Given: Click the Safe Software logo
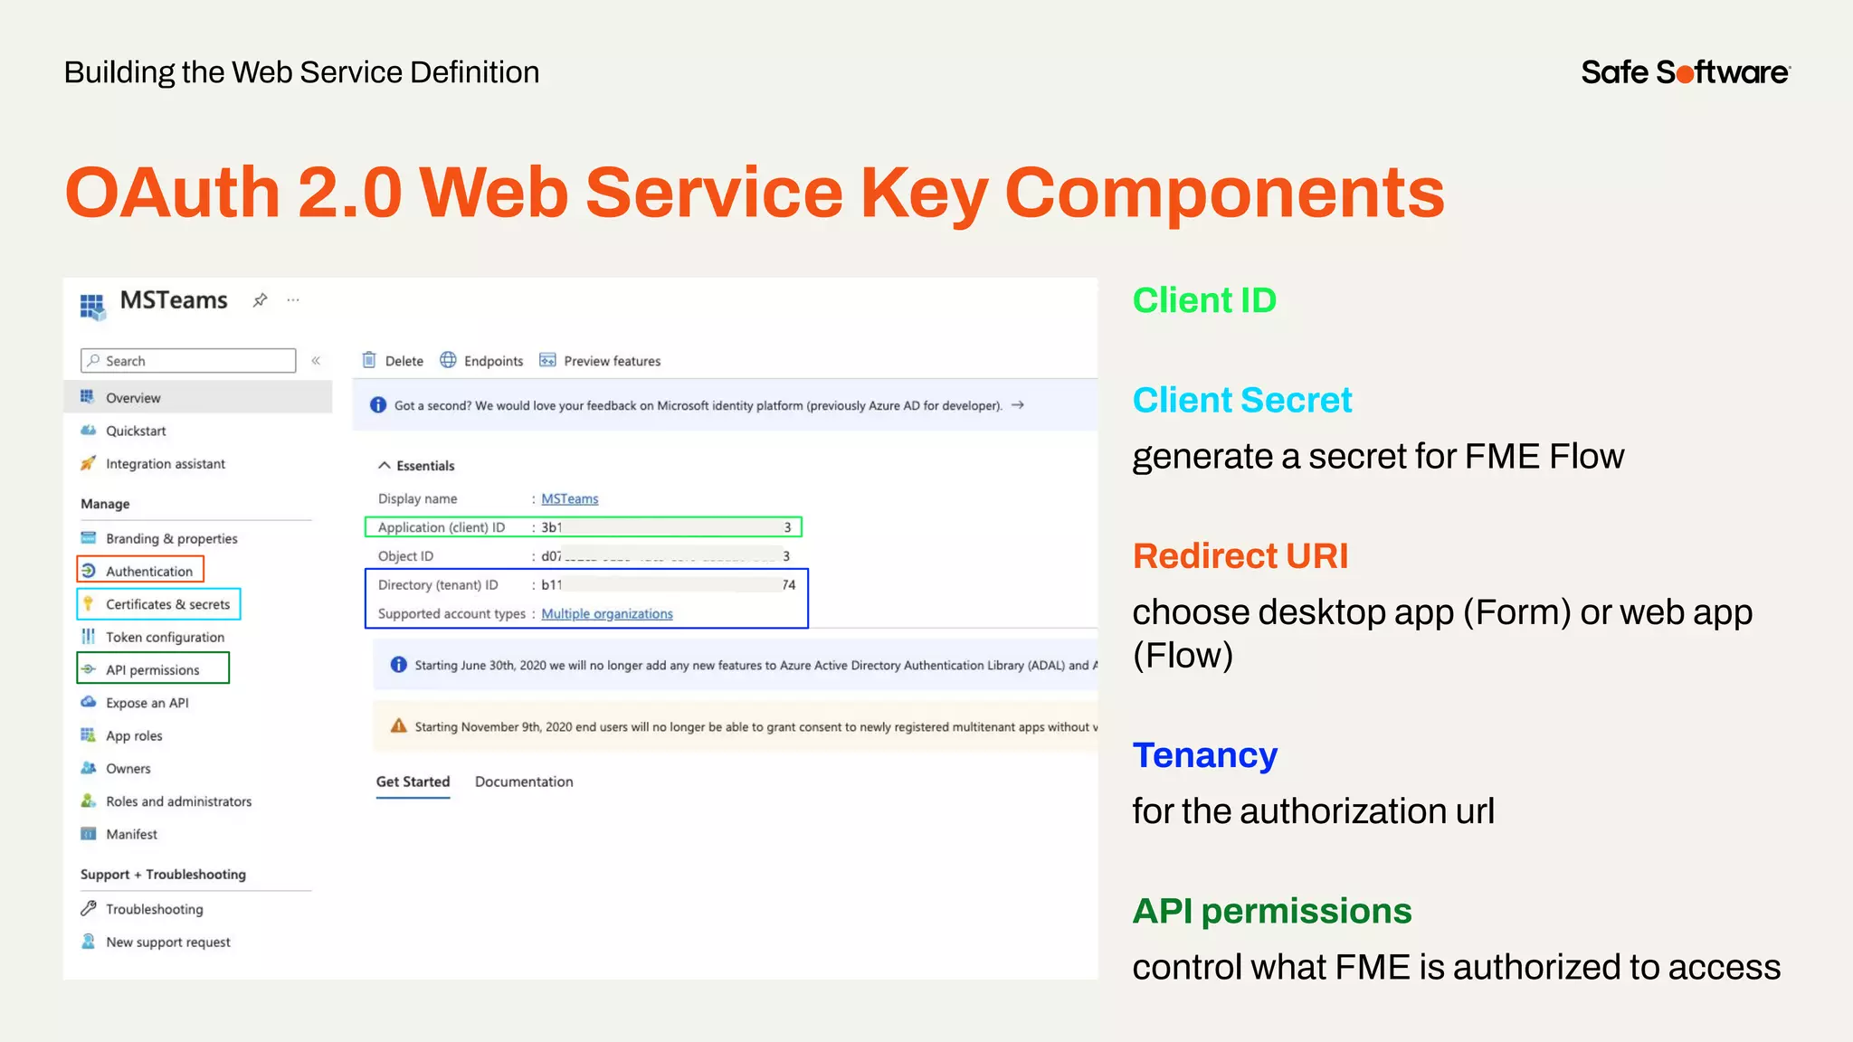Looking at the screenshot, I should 1685,72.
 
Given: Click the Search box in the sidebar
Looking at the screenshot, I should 188,361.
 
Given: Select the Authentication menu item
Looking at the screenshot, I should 148,571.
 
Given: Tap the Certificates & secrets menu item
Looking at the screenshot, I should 167,604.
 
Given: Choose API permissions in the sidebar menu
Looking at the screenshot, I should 152,670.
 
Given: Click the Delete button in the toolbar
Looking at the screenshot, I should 394,361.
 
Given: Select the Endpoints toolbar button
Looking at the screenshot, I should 482,361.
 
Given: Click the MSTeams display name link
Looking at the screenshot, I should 569,498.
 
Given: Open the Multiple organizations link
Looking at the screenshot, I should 606,613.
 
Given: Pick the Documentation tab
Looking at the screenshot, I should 524,781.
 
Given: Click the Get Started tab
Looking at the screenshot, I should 413,781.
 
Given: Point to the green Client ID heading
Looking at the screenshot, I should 1203,300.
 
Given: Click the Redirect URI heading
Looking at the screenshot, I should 1240,555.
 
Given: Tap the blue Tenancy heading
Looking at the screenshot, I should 1204,755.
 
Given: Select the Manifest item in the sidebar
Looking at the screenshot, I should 131,834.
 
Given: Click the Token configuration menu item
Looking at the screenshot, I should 165,637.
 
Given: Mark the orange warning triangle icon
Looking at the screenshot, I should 398,725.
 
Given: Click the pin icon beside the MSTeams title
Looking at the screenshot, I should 260,300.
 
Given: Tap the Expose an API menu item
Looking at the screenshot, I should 147,703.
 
